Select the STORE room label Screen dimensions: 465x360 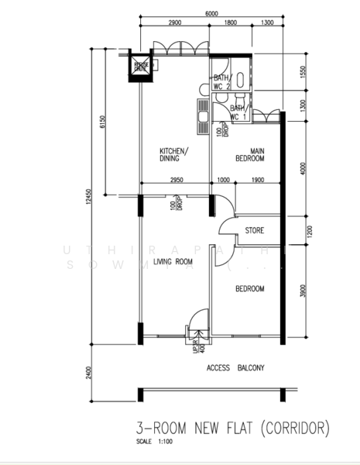point(255,231)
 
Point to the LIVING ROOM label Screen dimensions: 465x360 point(173,262)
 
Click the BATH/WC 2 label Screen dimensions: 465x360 point(222,82)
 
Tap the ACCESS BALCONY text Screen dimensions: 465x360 point(235,369)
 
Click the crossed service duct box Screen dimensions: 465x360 point(140,67)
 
